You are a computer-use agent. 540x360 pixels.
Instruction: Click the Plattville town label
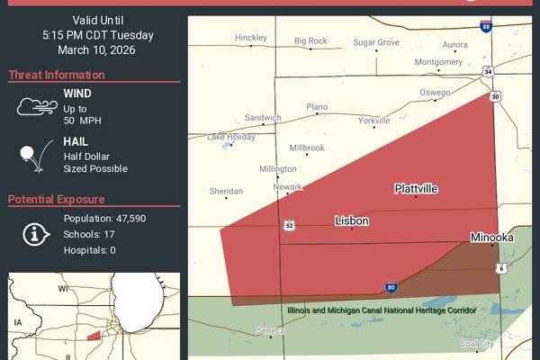(x=416, y=189)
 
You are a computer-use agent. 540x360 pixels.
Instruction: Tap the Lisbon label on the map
(x=352, y=220)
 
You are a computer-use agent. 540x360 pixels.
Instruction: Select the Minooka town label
(x=491, y=238)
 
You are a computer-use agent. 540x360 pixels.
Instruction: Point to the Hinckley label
(x=251, y=38)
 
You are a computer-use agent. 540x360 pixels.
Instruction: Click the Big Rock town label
(x=310, y=40)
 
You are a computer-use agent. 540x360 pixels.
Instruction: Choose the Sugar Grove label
(x=376, y=42)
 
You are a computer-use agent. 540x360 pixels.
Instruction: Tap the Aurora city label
(x=454, y=44)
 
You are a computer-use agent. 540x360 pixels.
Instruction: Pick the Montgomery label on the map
(x=438, y=62)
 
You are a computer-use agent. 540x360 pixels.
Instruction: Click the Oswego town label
(x=436, y=93)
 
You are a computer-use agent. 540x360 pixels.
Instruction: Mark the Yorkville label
(x=374, y=120)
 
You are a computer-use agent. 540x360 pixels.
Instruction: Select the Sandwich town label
(x=264, y=118)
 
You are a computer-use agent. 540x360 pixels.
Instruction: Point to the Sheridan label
(x=226, y=192)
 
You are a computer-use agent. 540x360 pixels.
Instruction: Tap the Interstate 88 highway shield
(x=486, y=27)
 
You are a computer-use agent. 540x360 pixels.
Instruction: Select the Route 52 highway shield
(x=288, y=225)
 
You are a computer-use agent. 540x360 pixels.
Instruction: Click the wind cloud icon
(x=33, y=107)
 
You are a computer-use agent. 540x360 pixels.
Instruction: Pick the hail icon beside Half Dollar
(x=31, y=156)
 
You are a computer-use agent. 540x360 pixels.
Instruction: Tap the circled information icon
(x=34, y=234)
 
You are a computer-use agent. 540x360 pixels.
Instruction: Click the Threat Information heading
(x=57, y=75)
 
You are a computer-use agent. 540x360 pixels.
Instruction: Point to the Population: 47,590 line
(x=104, y=219)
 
